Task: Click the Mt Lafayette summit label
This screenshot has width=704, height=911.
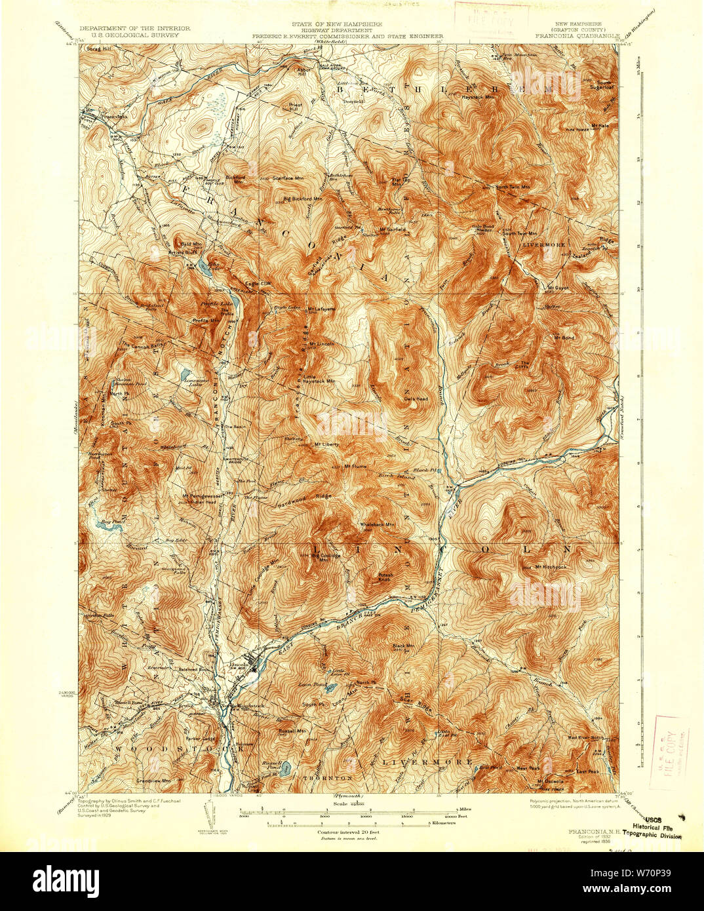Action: tap(324, 309)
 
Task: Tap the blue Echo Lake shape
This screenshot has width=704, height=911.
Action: tap(196, 265)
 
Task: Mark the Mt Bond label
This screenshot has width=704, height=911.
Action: tap(564, 338)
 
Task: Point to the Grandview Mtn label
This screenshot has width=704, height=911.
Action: tap(153, 781)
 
